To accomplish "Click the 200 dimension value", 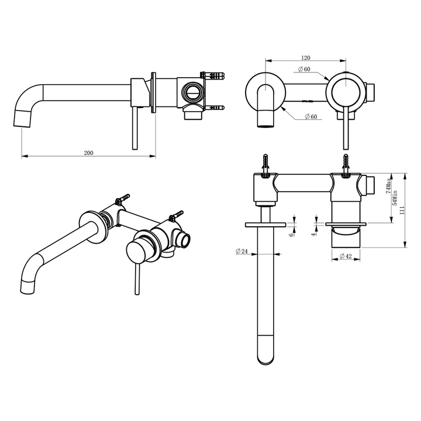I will tap(88, 153).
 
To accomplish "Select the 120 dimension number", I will tap(305, 58).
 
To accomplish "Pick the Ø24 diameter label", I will tap(242, 251).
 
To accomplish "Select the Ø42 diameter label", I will tap(344, 256).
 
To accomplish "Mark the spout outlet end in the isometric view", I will tap(29, 285).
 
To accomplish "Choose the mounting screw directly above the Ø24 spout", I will tap(266, 162).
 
